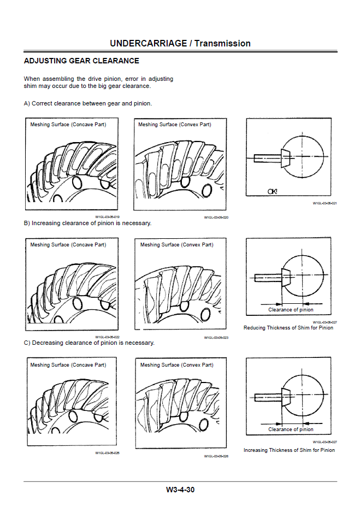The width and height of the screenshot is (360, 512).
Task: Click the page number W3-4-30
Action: click(x=180, y=490)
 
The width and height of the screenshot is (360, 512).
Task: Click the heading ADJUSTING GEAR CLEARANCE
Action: click(x=81, y=61)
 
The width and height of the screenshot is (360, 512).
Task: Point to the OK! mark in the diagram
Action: click(x=272, y=191)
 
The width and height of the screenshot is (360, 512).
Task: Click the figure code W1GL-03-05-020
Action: click(x=216, y=217)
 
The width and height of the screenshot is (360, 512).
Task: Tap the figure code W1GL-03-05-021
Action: click(x=324, y=203)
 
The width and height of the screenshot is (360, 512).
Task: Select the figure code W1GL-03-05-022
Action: click(x=107, y=337)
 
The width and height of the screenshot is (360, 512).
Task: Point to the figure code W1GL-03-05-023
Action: click(x=216, y=338)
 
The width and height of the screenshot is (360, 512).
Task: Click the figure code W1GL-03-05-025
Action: click(x=107, y=453)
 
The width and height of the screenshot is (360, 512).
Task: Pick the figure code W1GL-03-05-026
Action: click(x=216, y=456)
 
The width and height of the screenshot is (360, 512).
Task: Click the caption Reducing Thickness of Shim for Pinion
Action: click(x=288, y=328)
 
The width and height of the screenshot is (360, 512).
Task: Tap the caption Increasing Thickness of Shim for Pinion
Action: click(x=289, y=450)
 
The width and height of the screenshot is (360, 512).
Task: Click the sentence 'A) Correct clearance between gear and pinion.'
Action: click(x=87, y=103)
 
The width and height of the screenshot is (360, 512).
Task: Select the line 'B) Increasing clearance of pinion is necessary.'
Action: click(x=87, y=223)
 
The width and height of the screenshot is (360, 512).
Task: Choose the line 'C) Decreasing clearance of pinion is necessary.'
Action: click(x=89, y=343)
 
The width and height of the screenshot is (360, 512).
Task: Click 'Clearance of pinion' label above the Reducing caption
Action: click(x=291, y=310)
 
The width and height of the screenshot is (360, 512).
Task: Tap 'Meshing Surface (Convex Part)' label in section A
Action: click(x=174, y=125)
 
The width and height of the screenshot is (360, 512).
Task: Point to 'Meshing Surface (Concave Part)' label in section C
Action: click(x=68, y=364)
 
